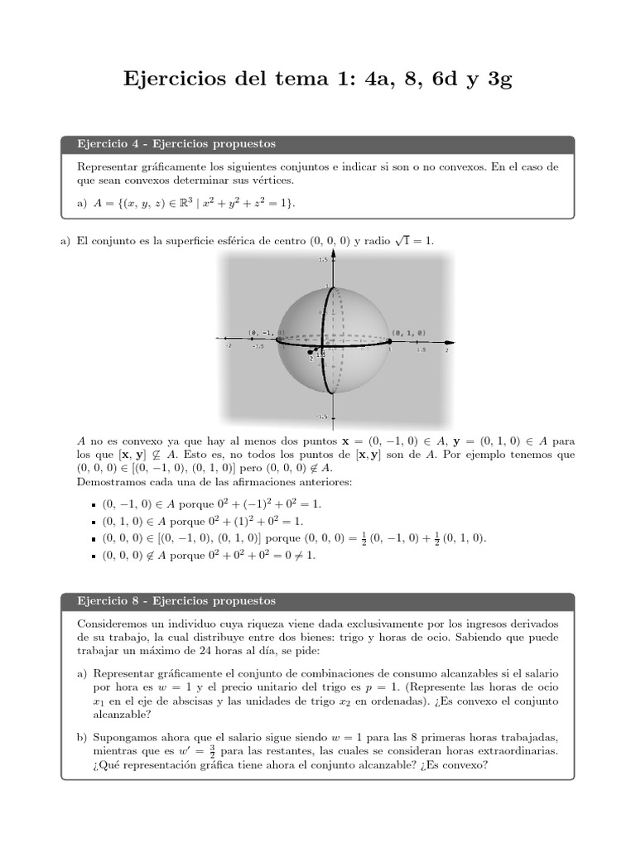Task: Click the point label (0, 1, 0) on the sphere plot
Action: pyautogui.click(x=410, y=332)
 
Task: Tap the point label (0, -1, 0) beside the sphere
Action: pyautogui.click(x=266, y=333)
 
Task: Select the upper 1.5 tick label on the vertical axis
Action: pyautogui.click(x=323, y=260)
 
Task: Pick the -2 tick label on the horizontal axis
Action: pyautogui.click(x=229, y=347)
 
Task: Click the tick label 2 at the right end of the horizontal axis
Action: pyautogui.click(x=446, y=350)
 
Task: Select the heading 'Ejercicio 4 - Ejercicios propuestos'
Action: pyautogui.click(x=176, y=144)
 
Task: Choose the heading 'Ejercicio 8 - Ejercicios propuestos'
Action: pyautogui.click(x=176, y=600)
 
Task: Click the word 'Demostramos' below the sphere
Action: pyautogui.click(x=108, y=481)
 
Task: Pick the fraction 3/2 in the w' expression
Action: pyautogui.click(x=214, y=751)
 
